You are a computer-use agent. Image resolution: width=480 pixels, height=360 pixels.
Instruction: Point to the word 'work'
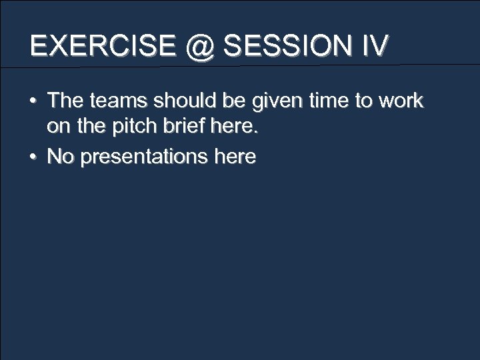pyautogui.click(x=401, y=101)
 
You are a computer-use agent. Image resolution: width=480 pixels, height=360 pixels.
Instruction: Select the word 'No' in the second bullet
pyautogui.click(x=61, y=157)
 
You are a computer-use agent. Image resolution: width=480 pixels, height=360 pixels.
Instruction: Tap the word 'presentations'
pyautogui.click(x=145, y=158)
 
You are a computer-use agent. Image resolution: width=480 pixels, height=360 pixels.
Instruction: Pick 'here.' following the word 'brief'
pyautogui.click(x=235, y=129)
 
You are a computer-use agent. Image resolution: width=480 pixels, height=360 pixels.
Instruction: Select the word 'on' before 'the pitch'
pyautogui.click(x=57, y=129)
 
